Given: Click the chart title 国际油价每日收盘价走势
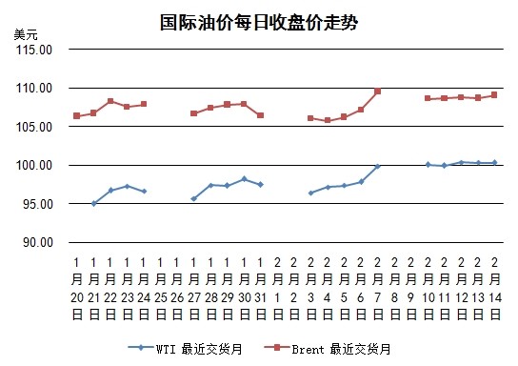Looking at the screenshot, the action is pos(259,23).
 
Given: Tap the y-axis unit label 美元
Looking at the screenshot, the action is pos(26,34).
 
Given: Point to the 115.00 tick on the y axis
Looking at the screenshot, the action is pos(34,50).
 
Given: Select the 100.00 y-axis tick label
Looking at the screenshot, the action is pos(34,165).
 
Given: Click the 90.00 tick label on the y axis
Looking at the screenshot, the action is pos(38,242).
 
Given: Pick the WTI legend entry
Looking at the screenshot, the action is pos(186,349).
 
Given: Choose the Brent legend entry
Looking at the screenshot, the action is pos(328,349).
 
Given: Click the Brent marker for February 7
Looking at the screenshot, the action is pos(378,91).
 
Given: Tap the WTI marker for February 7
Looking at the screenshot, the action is pos(378,166).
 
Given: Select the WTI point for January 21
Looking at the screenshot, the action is pos(94,203).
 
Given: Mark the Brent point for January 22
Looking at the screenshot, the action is pos(110,101).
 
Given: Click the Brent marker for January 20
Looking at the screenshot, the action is pos(76,115).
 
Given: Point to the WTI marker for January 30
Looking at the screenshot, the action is pos(244,179).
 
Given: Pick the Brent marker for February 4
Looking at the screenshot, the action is pos(328,120).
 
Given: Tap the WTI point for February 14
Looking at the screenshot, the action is pos(494,162).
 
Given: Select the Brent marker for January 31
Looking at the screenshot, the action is pos(260,115).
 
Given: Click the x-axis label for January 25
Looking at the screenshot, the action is pos(161,288).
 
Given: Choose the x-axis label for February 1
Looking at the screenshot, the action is pos(277,288).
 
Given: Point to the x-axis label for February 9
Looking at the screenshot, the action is pos(411,288).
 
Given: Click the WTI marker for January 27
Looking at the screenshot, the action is pos(194,198).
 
